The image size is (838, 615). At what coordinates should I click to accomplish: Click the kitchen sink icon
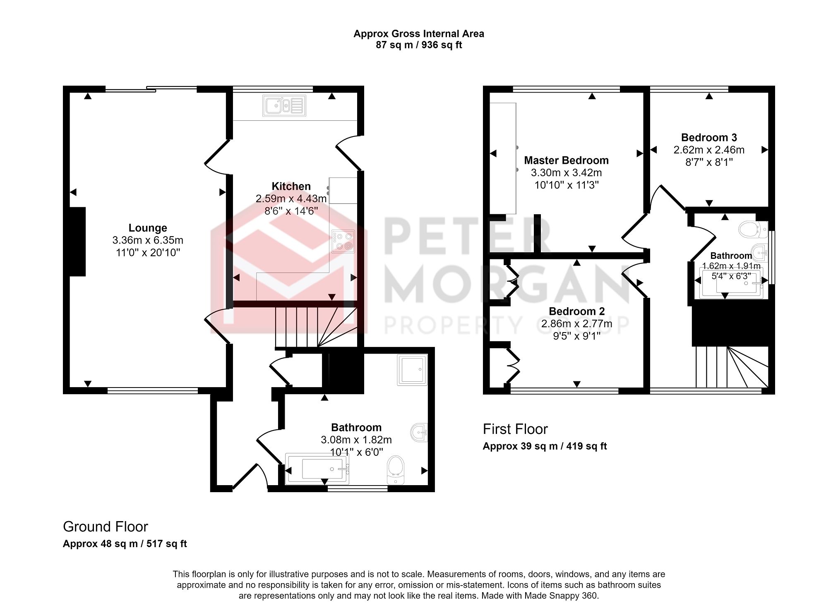pos(284,105)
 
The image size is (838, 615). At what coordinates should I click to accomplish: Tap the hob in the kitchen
pos(343,242)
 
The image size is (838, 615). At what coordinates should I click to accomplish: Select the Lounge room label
pos(148,228)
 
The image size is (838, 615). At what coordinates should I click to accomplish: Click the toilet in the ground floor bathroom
pos(396,469)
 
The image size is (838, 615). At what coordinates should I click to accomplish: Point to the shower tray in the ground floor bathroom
pos(412,369)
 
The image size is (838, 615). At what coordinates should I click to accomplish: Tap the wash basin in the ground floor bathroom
pos(419,433)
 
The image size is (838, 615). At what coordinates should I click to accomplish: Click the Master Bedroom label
pos(566,160)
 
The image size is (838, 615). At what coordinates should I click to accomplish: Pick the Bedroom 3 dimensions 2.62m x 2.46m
pos(708,150)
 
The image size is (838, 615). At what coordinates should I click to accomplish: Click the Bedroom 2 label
pos(576,311)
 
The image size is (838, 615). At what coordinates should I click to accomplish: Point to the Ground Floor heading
pos(105,526)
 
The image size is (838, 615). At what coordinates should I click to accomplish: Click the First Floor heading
pos(515,429)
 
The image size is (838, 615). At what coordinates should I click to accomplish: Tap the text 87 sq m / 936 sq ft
pos(418,45)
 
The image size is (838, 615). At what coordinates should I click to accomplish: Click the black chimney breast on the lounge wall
pos(77,242)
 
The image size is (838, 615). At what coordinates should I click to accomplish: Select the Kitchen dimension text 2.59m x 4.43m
pos(291,199)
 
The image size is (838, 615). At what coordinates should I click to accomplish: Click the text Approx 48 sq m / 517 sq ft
pos(125,544)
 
